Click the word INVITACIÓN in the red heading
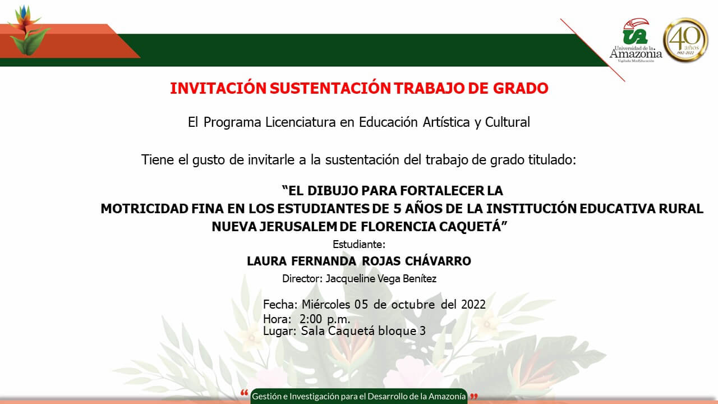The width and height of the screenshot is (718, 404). (x=218, y=88)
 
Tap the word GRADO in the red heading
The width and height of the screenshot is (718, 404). (x=521, y=89)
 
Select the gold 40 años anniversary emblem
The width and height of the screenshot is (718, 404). (x=685, y=40)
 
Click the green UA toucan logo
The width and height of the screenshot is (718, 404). (x=636, y=31)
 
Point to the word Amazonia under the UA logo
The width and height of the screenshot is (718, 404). (x=636, y=53)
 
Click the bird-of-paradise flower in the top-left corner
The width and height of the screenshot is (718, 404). (x=28, y=30)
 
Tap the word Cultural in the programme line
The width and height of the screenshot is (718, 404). (x=508, y=122)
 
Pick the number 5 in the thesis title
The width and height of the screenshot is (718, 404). (x=397, y=209)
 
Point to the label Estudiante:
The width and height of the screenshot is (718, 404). (x=359, y=244)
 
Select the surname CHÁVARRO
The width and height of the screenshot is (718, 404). (x=438, y=261)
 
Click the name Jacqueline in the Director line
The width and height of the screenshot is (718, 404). (x=350, y=279)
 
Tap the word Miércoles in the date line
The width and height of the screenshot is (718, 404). (x=326, y=304)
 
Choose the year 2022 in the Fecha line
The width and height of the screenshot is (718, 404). (x=473, y=304)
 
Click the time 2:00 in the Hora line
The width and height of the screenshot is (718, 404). (x=311, y=319)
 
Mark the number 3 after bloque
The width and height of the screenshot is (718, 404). (x=422, y=331)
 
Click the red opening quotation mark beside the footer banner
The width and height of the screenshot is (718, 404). (x=244, y=393)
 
